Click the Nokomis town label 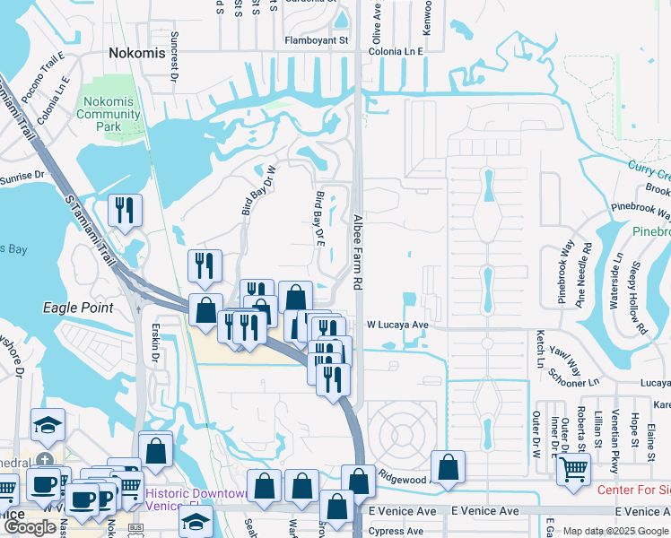(136, 53)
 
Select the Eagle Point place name (78, 308)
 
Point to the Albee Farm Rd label (356, 251)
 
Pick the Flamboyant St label (315, 40)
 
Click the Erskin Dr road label (154, 345)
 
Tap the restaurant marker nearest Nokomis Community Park (123, 211)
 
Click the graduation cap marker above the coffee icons (47, 424)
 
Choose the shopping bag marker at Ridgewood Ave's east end (448, 466)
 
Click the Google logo (30, 527)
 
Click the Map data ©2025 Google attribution (615, 531)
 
